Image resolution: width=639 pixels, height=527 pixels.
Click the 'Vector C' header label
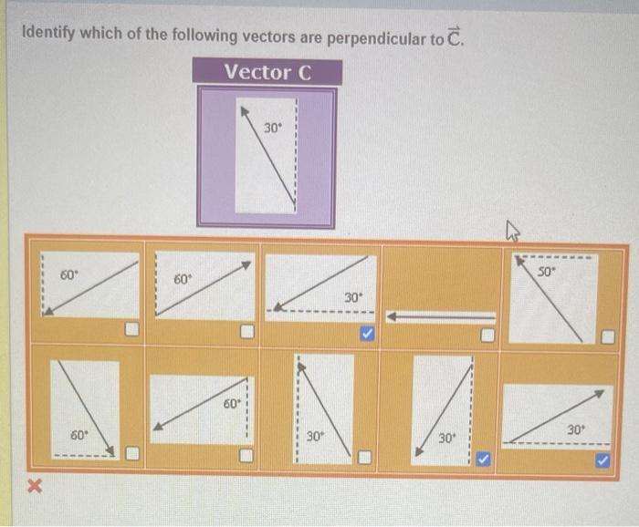point(267,72)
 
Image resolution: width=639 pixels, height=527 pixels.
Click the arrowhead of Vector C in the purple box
point(245,110)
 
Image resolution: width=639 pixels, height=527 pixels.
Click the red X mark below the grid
point(35,488)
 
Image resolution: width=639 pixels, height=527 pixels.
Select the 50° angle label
point(545,272)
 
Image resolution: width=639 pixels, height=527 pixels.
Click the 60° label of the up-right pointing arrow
point(183,278)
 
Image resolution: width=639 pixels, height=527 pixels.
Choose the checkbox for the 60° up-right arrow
point(246,333)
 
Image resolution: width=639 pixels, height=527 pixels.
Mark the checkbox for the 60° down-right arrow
point(132,454)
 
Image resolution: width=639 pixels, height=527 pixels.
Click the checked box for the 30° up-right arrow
point(602,461)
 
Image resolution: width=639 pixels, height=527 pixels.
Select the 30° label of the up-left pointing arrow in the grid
point(314,437)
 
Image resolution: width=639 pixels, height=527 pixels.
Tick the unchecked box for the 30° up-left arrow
point(364,456)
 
